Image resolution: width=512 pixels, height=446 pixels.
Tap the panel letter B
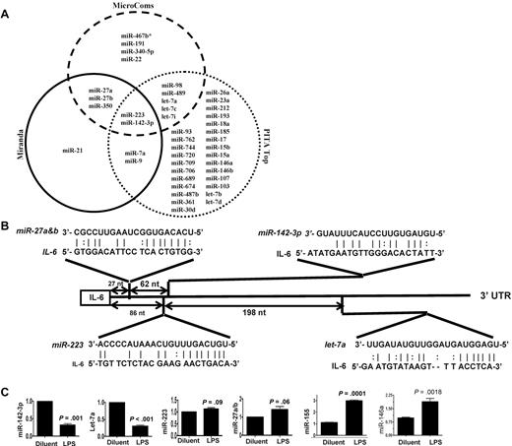pos(8,240)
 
